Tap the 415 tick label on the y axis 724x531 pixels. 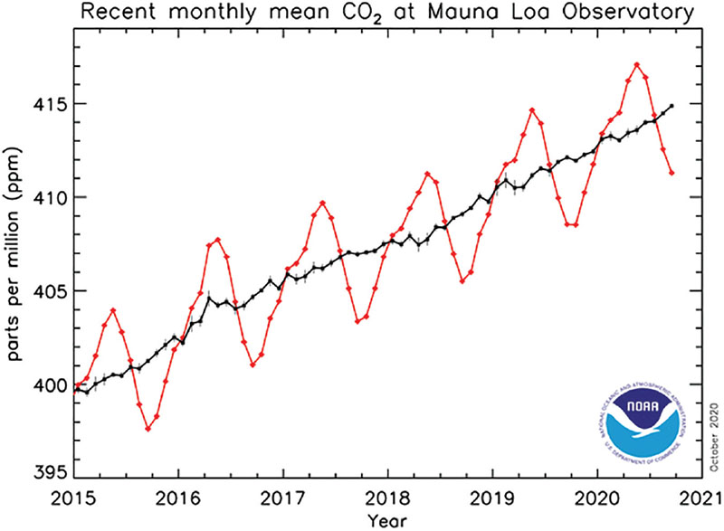click(x=52, y=104)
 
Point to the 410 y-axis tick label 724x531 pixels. click(x=52, y=198)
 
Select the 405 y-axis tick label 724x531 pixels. click(x=52, y=291)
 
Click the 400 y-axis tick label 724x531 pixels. click(x=52, y=385)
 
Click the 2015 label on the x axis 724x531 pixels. click(x=74, y=498)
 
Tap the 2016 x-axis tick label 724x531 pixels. click(x=178, y=498)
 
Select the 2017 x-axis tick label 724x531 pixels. click(x=283, y=498)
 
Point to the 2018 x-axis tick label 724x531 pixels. click(x=387, y=498)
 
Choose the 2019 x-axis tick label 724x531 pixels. click(x=492, y=498)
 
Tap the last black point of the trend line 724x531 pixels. click(x=672, y=106)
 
